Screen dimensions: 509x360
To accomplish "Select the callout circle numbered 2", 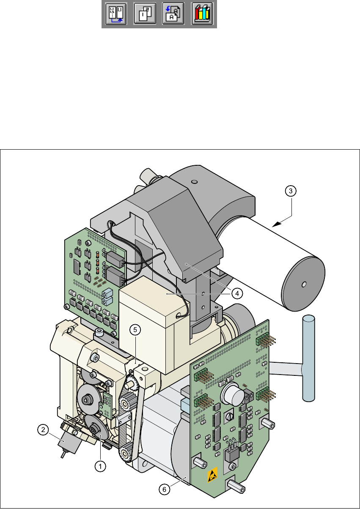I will (x=43, y=430).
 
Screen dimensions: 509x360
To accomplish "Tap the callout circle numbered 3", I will (x=289, y=191).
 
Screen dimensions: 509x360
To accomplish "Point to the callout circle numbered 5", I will (x=134, y=331).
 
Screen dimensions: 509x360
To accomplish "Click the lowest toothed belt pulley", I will (x=126, y=455).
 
